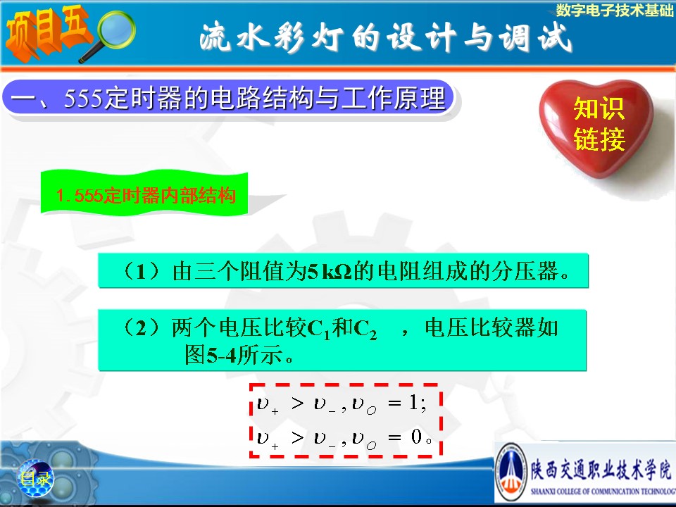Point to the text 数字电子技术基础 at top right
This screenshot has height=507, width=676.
(x=614, y=10)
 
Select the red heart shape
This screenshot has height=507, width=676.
(x=596, y=127)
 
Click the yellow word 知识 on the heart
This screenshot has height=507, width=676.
(x=599, y=108)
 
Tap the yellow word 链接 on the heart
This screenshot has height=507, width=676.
(x=599, y=139)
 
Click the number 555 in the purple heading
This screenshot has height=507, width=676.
(x=84, y=98)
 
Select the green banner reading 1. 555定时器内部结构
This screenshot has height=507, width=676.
(x=144, y=193)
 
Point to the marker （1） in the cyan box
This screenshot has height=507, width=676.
(x=142, y=271)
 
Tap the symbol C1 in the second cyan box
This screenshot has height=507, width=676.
(x=319, y=329)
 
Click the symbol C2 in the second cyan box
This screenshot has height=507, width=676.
(x=365, y=329)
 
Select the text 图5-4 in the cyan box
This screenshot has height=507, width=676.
(x=211, y=355)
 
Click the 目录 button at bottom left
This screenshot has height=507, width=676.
(x=36, y=478)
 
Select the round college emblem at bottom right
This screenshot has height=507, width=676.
(x=512, y=472)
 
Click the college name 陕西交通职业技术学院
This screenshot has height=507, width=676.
(x=601, y=470)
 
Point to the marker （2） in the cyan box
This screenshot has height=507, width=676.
(x=142, y=327)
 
